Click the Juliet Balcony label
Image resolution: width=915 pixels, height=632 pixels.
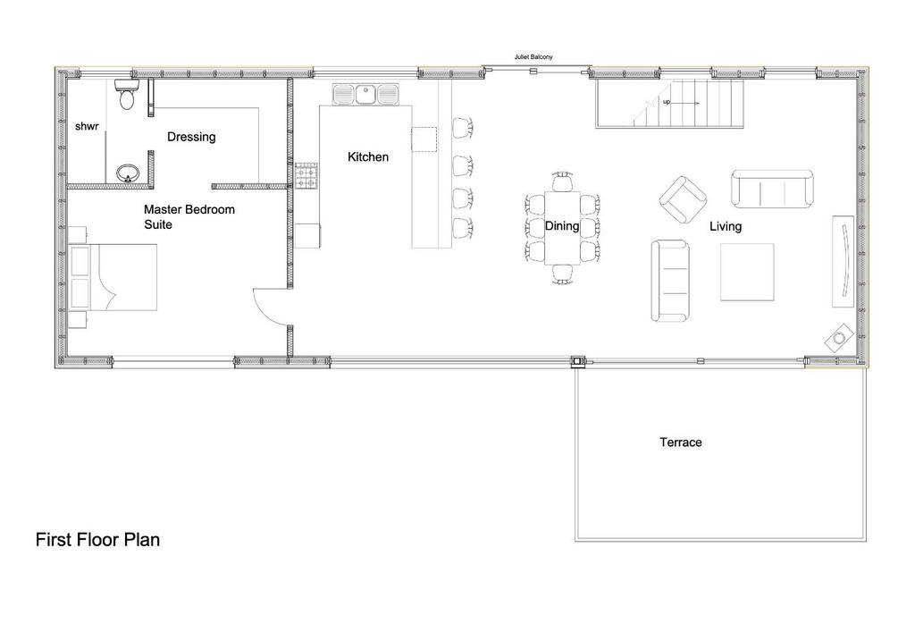click(533, 57)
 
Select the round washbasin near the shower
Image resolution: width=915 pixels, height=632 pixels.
click(128, 173)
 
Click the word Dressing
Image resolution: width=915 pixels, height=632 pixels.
click(191, 137)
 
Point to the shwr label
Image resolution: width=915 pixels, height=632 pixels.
click(87, 126)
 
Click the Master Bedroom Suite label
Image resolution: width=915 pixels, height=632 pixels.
click(189, 216)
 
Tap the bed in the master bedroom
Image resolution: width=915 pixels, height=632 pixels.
click(113, 277)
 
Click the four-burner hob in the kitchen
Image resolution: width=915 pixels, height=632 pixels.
click(307, 176)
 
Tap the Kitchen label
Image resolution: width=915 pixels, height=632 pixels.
click(368, 157)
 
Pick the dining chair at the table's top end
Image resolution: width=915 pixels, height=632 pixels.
click(563, 181)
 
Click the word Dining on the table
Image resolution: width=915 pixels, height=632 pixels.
click(562, 226)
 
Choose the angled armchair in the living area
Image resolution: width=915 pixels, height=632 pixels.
click(684, 199)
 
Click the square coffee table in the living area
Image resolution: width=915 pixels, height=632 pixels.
click(748, 272)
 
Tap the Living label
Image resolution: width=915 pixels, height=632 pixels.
click(726, 226)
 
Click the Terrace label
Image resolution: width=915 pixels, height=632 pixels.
click(681, 442)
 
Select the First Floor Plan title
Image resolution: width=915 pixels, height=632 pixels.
click(97, 539)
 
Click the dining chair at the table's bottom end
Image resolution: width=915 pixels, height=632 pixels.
click(563, 274)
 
